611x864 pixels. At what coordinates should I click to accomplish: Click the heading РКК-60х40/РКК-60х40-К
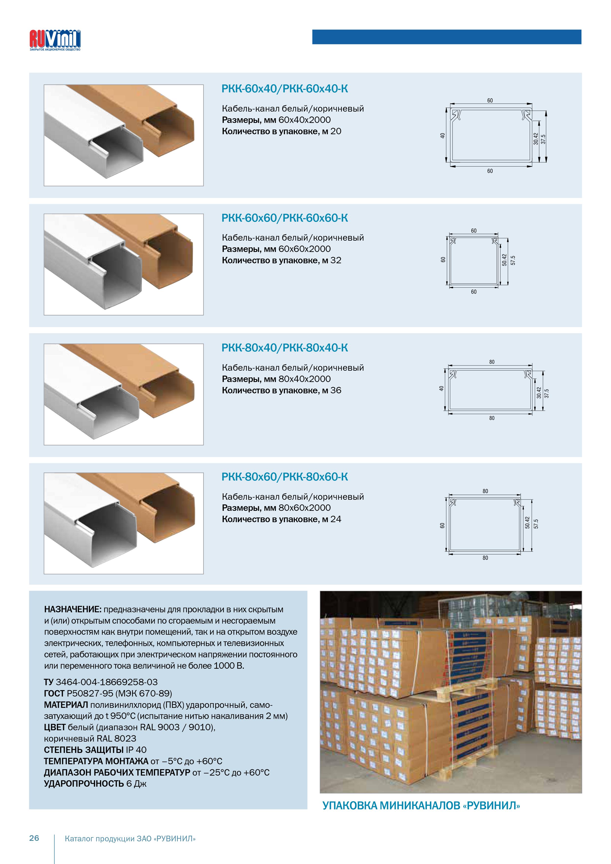(285, 89)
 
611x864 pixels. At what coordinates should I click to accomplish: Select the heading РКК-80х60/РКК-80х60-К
(285, 477)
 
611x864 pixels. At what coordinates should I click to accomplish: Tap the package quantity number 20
(336, 131)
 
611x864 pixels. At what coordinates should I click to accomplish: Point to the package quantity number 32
(336, 260)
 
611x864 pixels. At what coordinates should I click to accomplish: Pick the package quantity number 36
(336, 390)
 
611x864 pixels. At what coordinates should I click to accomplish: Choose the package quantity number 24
(336, 519)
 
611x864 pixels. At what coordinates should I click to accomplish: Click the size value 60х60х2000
(305, 249)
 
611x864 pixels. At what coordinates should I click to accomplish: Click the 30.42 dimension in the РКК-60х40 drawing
(535, 139)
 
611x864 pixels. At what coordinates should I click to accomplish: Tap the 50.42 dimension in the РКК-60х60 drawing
(505, 260)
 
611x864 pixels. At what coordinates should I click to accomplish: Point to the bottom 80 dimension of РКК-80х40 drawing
(492, 418)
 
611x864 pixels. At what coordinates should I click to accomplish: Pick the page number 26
(34, 838)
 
